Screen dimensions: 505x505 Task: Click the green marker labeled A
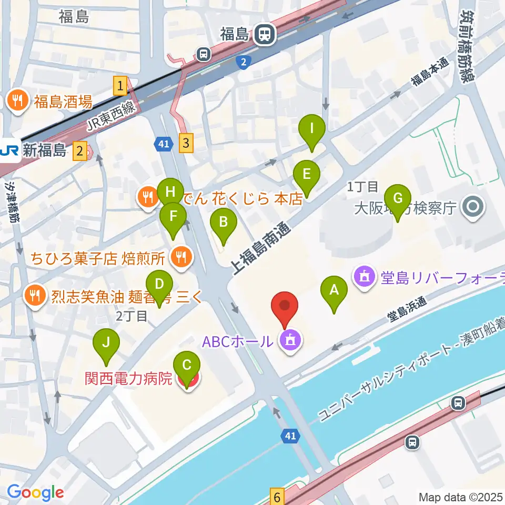point(332,290)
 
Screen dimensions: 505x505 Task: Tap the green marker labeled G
point(398,199)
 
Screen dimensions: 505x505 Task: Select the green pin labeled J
point(106,343)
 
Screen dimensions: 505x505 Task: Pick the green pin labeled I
point(312,128)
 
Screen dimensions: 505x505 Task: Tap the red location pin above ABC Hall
point(285,307)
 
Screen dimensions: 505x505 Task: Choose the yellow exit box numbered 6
point(277,496)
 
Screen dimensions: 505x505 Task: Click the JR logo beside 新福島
point(9,151)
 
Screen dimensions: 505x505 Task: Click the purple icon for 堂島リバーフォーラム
point(364,276)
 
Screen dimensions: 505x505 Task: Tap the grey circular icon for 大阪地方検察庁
point(472,208)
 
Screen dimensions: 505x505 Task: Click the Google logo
point(35,493)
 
